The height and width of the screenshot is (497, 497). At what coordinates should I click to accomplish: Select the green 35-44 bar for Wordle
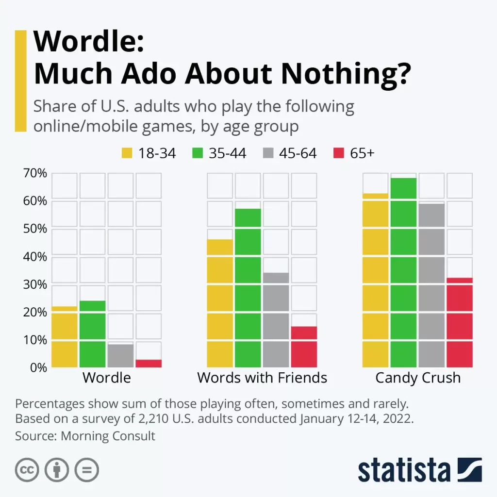coord(92,334)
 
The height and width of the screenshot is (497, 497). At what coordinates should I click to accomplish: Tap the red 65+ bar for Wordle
coord(149,363)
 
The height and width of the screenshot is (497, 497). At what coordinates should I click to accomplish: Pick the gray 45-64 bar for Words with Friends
coord(276,320)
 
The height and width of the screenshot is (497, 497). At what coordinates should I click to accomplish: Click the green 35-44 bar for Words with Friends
coord(248,288)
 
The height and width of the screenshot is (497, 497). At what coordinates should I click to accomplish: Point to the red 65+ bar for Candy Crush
coord(460,322)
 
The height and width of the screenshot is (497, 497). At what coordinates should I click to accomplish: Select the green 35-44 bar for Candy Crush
coord(403,273)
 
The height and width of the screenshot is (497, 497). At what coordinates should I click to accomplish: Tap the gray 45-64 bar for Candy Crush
coord(431,285)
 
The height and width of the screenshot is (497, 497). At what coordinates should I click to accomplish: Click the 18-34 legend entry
coord(148,153)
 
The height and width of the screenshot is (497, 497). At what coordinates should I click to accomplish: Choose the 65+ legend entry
coord(354,153)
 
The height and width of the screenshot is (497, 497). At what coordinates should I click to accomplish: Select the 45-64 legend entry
coord(289,153)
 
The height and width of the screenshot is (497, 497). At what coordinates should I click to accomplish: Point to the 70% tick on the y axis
coord(35,173)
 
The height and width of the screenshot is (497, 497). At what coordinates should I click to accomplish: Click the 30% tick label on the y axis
coord(35,284)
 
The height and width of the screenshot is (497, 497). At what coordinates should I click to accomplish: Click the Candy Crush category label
coord(418,378)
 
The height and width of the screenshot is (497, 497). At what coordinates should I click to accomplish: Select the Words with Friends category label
coord(262,378)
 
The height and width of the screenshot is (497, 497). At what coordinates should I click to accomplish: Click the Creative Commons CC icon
coord(28,469)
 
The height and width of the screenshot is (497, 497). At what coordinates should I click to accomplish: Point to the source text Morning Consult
coord(108,435)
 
